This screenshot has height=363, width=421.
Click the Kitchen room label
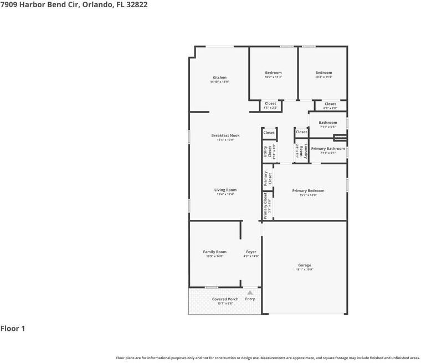coord(219,78)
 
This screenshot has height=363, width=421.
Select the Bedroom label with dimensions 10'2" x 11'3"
coord(273,73)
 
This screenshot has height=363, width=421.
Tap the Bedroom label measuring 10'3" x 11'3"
coord(324,73)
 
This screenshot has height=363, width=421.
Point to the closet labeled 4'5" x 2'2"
coord(270,104)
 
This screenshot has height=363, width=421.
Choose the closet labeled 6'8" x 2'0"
coord(330,104)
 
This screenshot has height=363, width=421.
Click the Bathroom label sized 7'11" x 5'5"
coord(328,123)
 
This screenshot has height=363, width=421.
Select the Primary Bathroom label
coord(328,149)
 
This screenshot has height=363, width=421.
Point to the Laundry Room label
coord(299,152)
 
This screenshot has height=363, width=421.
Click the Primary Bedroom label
coord(308,191)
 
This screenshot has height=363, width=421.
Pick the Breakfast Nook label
coord(225,135)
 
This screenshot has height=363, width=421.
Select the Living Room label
coord(225,190)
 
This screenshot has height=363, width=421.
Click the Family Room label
coord(214,252)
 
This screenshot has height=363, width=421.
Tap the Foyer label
coord(251,252)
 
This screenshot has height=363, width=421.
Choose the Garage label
coord(305,265)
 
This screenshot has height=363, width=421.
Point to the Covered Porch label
coord(225,299)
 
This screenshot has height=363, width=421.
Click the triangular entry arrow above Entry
coord(250,292)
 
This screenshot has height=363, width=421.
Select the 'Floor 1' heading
coord(13,329)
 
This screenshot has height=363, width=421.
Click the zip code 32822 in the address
coord(136,4)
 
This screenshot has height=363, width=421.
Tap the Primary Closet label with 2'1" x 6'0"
coord(266,205)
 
